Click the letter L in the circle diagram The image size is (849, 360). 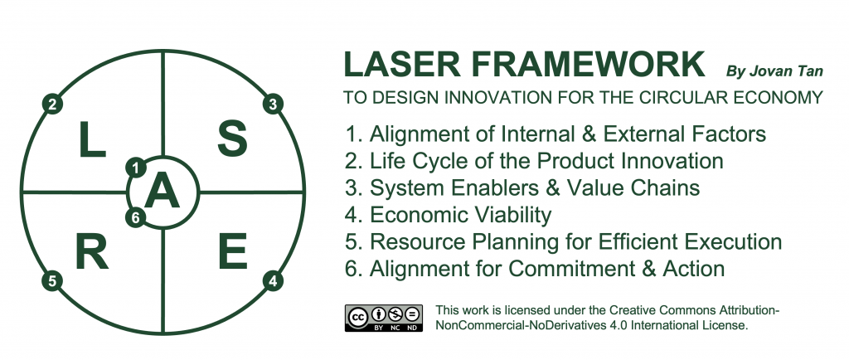point(92,139)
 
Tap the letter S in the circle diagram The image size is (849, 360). point(232,139)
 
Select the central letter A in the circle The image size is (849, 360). point(163,192)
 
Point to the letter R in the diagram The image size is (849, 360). point(92,251)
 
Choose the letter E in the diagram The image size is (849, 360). point(233,251)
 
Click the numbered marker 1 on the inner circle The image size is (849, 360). point(136,168)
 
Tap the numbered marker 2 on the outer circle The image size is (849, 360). point(52,104)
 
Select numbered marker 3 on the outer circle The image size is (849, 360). point(274,104)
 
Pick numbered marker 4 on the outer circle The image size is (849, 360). point(274,281)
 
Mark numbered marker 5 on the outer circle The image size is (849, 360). point(52,281)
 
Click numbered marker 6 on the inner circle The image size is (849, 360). point(136,217)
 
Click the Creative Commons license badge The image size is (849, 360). point(383,318)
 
